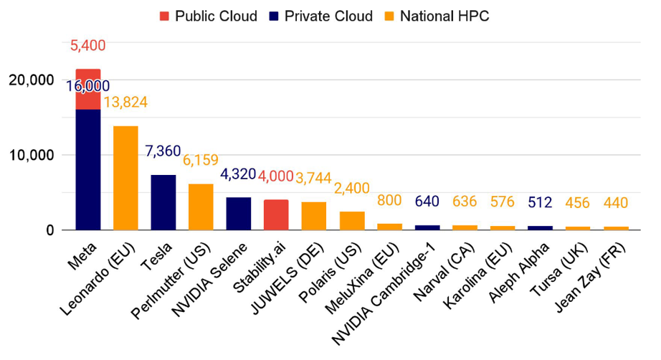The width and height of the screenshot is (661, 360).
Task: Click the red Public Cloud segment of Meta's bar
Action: (88, 90)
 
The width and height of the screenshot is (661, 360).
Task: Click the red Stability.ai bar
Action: (276, 214)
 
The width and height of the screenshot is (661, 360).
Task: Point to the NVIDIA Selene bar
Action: (239, 214)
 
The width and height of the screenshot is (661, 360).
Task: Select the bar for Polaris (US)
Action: (352, 221)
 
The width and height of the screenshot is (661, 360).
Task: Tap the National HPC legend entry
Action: (444, 16)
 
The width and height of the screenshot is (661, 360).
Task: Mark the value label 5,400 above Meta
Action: (88, 46)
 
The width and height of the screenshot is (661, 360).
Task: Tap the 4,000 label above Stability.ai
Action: (275, 176)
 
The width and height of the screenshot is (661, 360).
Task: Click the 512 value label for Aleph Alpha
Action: (541, 202)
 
